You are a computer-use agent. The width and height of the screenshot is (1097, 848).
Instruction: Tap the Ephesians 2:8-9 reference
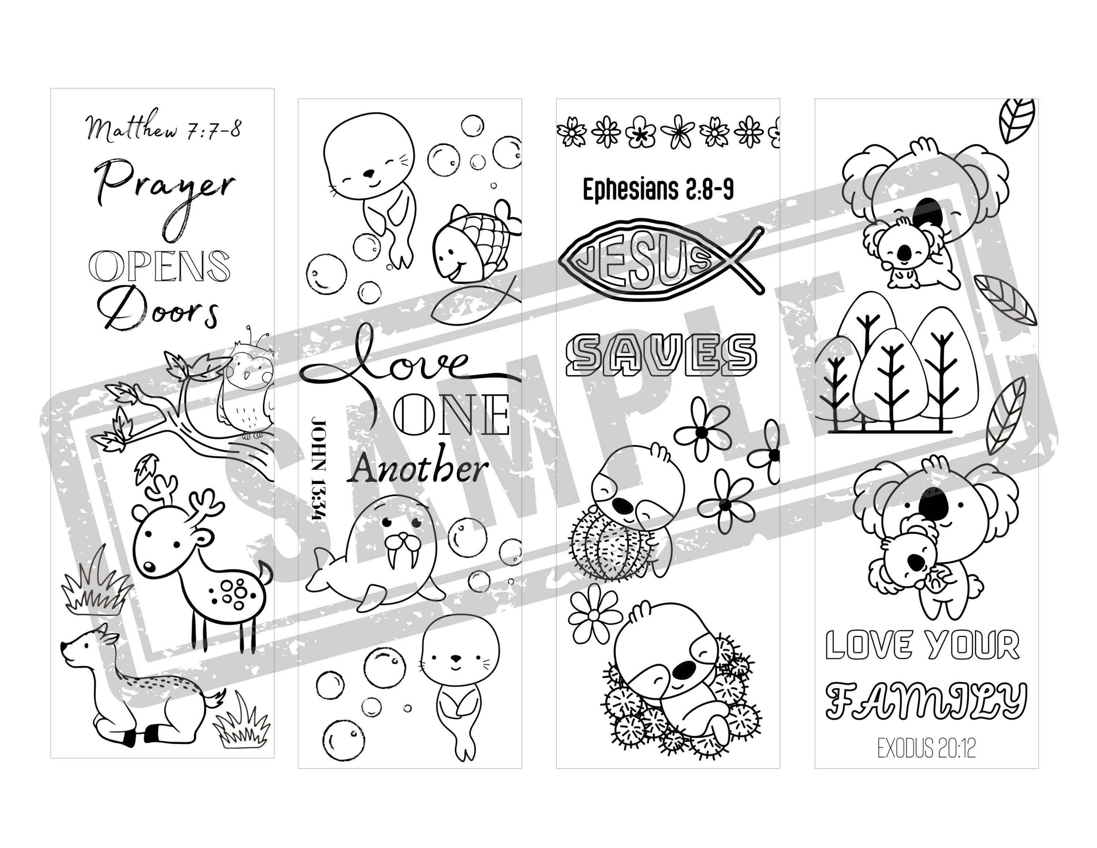(x=658, y=190)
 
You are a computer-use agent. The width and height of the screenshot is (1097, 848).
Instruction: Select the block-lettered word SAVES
(x=662, y=354)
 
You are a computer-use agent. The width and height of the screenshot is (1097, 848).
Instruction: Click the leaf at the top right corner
(x=1017, y=121)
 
